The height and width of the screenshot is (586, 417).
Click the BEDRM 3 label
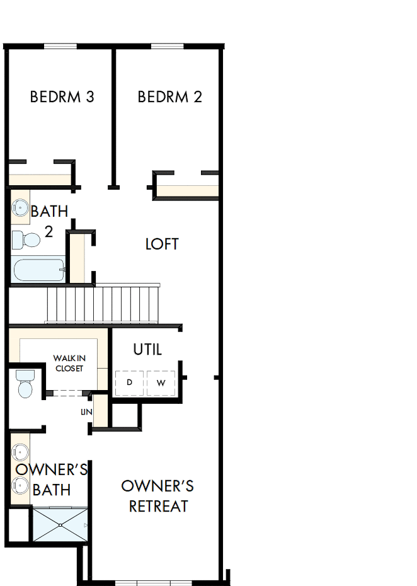pos(62,97)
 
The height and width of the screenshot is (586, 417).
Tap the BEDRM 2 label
pos(170,97)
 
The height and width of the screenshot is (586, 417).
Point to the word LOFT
pos(162,244)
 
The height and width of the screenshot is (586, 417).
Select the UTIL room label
pos(147,349)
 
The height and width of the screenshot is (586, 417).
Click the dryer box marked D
pos(130,382)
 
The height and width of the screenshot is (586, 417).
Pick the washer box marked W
pos(162,382)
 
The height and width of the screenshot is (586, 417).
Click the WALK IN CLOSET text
pos(69,363)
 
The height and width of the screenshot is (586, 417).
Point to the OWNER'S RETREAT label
pos(157,496)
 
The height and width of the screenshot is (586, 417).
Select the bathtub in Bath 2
pos(38,270)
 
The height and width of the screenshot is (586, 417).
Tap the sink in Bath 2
pos(19,208)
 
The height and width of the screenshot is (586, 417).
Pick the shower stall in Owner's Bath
pos(60,526)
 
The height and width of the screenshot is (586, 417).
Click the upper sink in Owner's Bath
pos(21,452)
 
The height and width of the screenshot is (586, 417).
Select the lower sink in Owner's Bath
pos(21,485)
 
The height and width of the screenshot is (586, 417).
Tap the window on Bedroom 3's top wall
pos(60,46)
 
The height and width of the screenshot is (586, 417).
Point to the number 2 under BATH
pos(49,232)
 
